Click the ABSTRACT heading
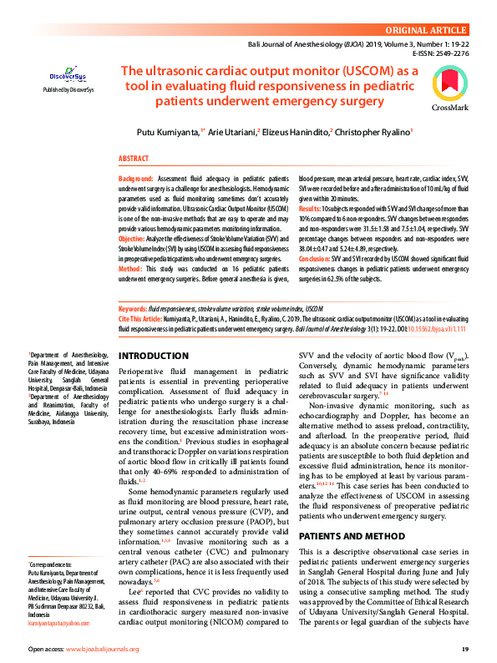tap(134, 158)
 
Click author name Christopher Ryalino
tap(376, 133)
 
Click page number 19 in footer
tap(464, 648)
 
